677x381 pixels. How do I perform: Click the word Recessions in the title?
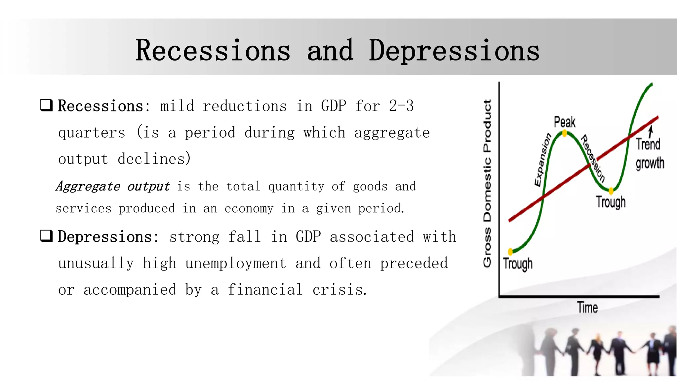(213, 51)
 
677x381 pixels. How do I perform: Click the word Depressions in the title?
(454, 51)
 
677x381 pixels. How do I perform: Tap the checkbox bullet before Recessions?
(46, 105)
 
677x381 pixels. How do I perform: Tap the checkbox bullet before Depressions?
(46, 236)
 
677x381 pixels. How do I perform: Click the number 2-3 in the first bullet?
(401, 106)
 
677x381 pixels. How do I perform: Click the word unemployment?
(235, 264)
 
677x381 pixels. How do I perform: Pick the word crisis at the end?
(339, 290)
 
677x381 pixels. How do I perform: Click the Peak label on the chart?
(565, 122)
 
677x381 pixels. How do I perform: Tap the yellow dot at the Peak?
(565, 133)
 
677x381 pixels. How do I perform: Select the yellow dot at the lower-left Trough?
(510, 252)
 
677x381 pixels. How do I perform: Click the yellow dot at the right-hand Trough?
(611, 191)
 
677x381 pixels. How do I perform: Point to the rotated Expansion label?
(542, 160)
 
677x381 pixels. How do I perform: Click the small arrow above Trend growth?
(651, 132)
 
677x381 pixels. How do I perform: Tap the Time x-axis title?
(587, 308)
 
